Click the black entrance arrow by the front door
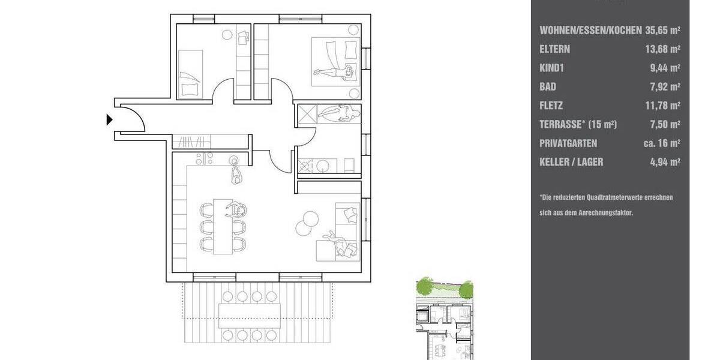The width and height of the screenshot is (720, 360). (x=109, y=120)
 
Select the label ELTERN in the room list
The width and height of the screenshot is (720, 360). (x=555, y=49)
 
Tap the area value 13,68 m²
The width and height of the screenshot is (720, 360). (x=662, y=49)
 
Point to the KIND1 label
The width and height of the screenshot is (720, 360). (x=552, y=68)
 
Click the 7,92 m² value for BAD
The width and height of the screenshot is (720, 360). (x=665, y=87)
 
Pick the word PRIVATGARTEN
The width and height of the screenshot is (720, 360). (x=568, y=143)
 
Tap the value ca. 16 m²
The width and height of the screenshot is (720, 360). (x=659, y=143)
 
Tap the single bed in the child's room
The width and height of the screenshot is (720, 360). (x=191, y=73)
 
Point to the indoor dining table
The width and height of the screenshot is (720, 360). (x=223, y=226)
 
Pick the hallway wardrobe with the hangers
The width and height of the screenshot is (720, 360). (x=192, y=142)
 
